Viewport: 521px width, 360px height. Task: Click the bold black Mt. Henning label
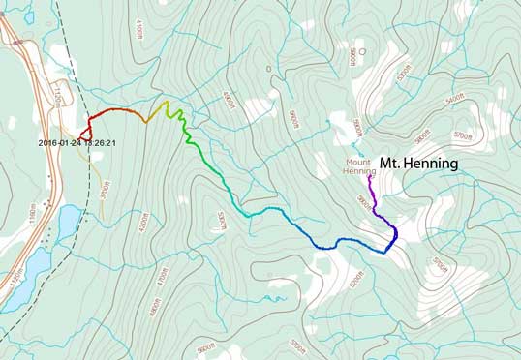coord(418,164)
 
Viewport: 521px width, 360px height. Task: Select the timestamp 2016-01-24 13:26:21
coord(77,143)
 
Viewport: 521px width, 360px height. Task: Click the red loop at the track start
coord(84,131)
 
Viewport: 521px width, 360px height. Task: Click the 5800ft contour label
coord(356,126)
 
